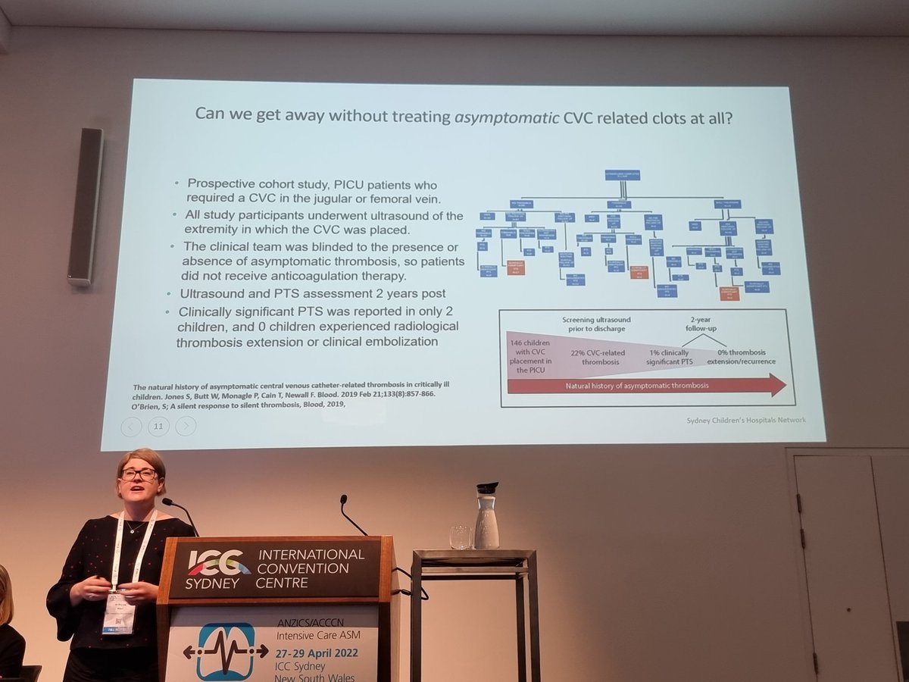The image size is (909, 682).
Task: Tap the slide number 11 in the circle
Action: (158, 427)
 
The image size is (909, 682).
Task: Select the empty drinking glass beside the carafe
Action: (461, 537)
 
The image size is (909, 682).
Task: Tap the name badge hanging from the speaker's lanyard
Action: (119, 612)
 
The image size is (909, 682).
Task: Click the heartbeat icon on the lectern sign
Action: (225, 651)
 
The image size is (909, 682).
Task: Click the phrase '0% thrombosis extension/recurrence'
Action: (741, 355)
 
